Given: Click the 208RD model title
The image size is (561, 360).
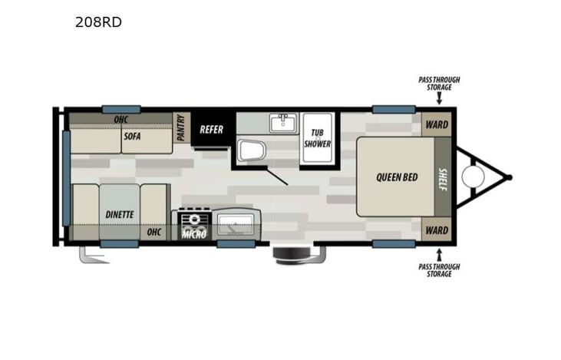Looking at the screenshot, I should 97,22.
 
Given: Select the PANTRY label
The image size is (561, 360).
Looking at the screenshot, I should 180,127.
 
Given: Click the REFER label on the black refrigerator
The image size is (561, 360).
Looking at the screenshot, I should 211,129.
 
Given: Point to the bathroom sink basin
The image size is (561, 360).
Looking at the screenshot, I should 283,122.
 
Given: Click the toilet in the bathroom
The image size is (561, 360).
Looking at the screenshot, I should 249,150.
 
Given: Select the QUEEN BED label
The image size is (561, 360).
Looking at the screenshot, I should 397,177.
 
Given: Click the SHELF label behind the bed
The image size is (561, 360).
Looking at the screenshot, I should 443,177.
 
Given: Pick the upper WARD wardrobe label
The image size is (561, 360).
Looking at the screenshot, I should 437,124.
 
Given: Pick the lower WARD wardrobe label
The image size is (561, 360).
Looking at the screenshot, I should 437,230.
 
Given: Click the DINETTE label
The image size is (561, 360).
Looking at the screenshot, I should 119,214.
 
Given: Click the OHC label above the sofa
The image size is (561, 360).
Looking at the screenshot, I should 120,120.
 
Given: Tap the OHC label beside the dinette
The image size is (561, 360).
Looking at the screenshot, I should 154,232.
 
